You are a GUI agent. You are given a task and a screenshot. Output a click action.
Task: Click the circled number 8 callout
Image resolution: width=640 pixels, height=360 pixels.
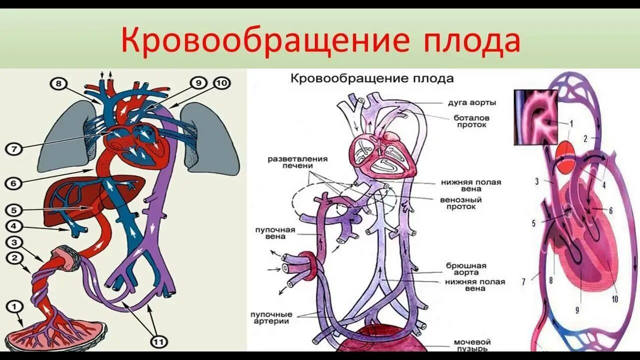click(59, 84)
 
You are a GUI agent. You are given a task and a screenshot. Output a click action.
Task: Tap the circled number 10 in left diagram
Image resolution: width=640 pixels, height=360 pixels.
click(220, 83)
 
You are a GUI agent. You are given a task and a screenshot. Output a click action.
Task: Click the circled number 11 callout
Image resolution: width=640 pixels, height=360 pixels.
click(159, 342)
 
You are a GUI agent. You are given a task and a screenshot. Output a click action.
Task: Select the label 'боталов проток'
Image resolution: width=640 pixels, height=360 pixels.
click(471, 121)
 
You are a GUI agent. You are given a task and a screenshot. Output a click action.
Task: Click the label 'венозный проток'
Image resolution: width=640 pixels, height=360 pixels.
click(461, 203)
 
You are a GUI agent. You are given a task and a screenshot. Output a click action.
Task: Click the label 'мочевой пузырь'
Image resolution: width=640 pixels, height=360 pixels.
click(470, 345)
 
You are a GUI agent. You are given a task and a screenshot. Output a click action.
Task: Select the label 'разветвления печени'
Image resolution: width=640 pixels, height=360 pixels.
click(297, 162)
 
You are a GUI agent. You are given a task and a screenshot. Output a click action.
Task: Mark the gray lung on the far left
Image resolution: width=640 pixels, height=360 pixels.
click(60, 137)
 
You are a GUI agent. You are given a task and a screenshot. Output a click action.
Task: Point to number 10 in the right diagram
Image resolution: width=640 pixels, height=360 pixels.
click(614, 299)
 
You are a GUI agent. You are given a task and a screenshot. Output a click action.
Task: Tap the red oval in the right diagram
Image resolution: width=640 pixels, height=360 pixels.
click(566, 157)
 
